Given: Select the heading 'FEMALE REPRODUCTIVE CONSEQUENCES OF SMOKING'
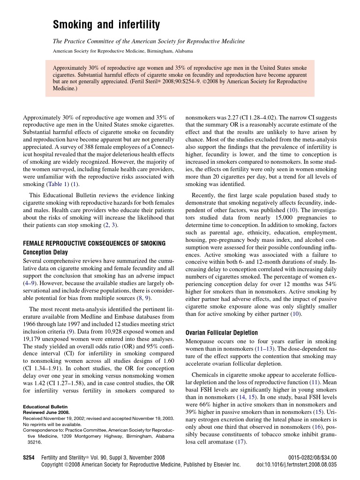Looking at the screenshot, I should pyautogui.click(x=94, y=244).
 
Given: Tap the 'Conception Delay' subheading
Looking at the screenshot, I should pyautogui.click(x=45, y=252).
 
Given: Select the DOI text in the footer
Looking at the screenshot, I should pyautogui.click(x=296, y=464).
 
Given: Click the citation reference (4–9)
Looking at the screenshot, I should pyautogui.click(x=32, y=284).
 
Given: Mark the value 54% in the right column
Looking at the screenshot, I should pyautogui.click(x=330, y=284).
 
